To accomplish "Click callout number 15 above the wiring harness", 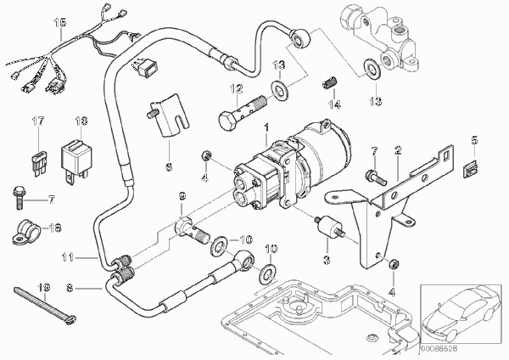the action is coord(60,23).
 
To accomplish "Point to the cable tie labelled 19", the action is coord(45,306).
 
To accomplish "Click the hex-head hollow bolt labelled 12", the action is coord(243,110).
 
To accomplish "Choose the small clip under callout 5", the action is coord(470,170).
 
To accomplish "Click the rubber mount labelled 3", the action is coord(329,228).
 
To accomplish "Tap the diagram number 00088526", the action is coord(439,349).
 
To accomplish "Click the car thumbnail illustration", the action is coord(461,313).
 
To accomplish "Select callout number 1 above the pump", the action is coord(266,127).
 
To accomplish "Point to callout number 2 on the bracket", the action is coord(398,149).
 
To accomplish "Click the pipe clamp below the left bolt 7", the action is coord(26,231).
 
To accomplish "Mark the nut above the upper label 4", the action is coord(206,155).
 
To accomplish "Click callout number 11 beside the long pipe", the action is coord(68,257).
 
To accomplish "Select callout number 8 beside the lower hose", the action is coord(70,288).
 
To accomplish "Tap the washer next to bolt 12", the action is coord(278,87).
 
